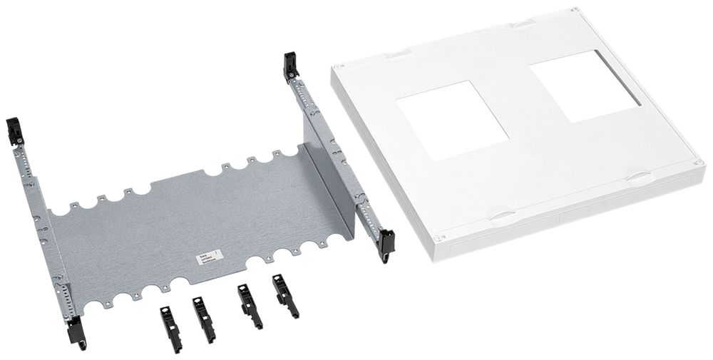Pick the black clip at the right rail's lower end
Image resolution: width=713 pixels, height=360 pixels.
click(386, 242)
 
